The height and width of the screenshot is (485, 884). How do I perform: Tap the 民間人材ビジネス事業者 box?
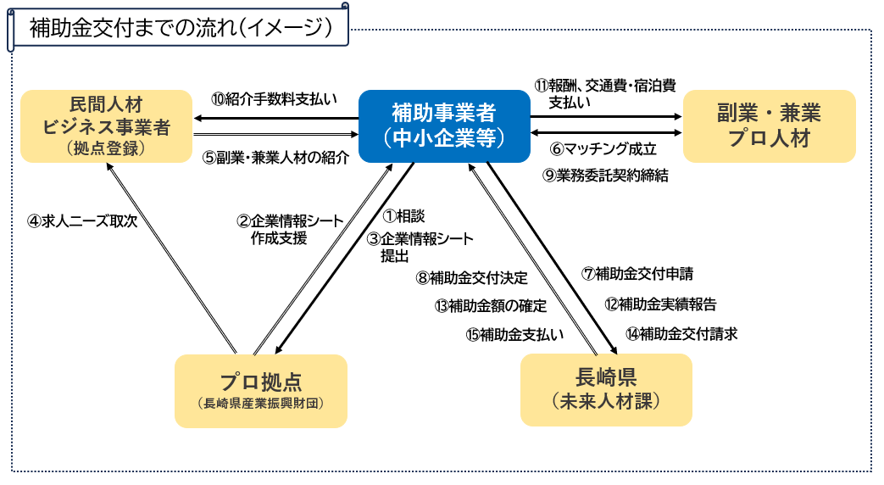pyautogui.click(x=107, y=126)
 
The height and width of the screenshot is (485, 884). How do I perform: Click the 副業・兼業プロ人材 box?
pyautogui.click(x=769, y=126)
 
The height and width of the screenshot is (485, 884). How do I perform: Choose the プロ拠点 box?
pyautogui.click(x=260, y=389)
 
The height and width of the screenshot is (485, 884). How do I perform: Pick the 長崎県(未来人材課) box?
pyautogui.click(x=605, y=389)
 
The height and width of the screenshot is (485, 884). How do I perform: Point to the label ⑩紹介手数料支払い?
pyautogui.click(x=275, y=98)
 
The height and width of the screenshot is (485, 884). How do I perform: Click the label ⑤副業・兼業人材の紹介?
pyautogui.click(x=275, y=158)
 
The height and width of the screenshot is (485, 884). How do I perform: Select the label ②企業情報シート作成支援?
pyautogui.click(x=290, y=230)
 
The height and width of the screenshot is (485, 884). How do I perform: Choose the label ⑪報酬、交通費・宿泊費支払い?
pyautogui.click(x=604, y=93)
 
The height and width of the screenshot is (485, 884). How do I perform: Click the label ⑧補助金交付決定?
pyautogui.click(x=471, y=277)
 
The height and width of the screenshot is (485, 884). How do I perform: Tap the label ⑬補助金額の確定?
pyautogui.click(x=490, y=305)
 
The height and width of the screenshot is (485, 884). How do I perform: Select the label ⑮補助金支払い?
pyautogui.click(x=514, y=334)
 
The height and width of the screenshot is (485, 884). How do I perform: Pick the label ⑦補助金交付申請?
pyautogui.click(x=637, y=274)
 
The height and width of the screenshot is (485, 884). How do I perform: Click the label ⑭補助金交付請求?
pyautogui.click(x=681, y=333)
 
